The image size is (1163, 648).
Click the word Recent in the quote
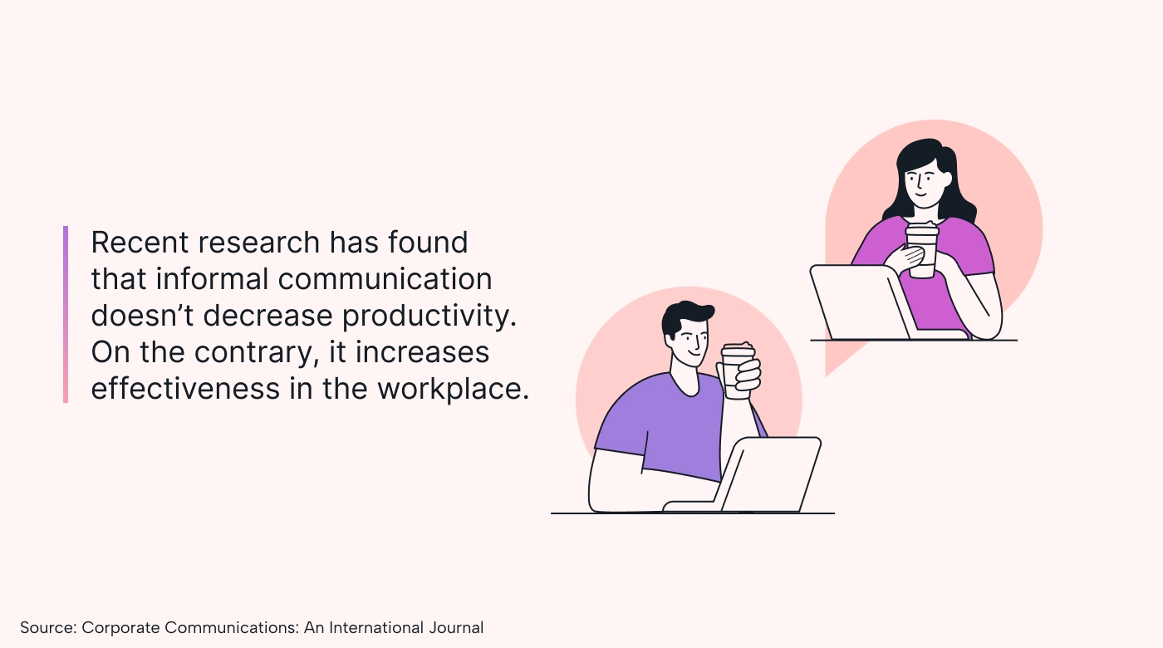pos(140,243)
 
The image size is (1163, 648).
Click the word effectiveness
pos(185,389)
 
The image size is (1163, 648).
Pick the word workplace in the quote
pos(453,389)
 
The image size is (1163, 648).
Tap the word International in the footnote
pos(376,627)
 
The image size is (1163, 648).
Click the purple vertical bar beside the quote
pos(66,314)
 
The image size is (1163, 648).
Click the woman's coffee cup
pos(922,250)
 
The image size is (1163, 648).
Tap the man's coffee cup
pos(739,371)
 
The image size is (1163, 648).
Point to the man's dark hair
pos(684,317)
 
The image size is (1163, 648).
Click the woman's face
pos(924,184)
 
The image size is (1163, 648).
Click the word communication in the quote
pos(385,279)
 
